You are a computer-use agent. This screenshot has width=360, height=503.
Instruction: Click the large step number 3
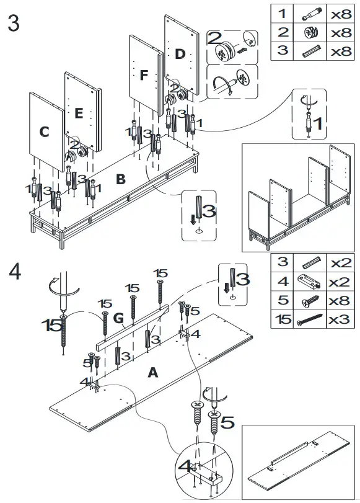[13, 24]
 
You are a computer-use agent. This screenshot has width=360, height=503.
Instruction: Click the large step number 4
[15, 272]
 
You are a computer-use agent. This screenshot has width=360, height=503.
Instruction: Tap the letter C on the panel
[44, 131]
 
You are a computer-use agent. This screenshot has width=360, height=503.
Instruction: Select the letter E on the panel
[79, 114]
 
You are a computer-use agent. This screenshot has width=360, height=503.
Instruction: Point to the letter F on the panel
[144, 75]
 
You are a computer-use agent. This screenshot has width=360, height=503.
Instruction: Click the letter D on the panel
[180, 54]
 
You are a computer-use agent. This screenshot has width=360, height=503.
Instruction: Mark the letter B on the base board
[121, 179]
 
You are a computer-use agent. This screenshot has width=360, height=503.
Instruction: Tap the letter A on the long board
[153, 372]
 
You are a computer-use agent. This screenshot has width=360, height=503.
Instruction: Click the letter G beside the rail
[118, 318]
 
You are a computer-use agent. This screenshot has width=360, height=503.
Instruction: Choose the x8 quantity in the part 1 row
[341, 14]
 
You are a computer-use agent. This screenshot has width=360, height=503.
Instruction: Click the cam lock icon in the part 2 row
[310, 32]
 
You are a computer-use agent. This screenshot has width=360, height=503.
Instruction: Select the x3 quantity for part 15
[340, 319]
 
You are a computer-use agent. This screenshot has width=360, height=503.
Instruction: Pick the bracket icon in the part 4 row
[309, 282]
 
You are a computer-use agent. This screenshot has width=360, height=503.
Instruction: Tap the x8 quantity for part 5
[340, 301]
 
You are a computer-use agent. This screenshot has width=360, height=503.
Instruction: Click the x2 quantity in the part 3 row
[341, 263]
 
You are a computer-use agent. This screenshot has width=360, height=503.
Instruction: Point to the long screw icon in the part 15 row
[309, 319]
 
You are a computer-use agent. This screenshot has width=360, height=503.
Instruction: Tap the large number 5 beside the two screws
[227, 422]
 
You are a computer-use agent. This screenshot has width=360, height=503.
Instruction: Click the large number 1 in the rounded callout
[318, 123]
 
